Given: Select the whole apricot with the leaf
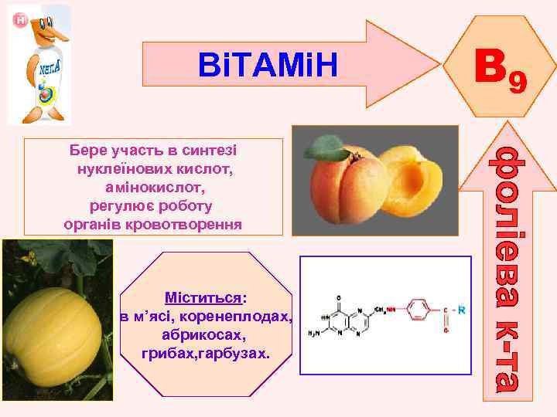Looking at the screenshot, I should pyautogui.click(x=344, y=181).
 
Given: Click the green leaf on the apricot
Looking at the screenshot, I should pyautogui.click(x=325, y=147).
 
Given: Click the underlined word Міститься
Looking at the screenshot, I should pyautogui.click(x=203, y=297).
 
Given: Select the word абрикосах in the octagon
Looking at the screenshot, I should pyautogui.click(x=204, y=335).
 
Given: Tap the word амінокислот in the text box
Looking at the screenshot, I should pyautogui.click(x=153, y=187).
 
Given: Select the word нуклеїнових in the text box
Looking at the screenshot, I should pyautogui.click(x=116, y=168).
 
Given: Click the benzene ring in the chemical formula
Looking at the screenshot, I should pyautogui.click(x=417, y=312).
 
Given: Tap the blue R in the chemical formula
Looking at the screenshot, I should pyautogui.click(x=461, y=310).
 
